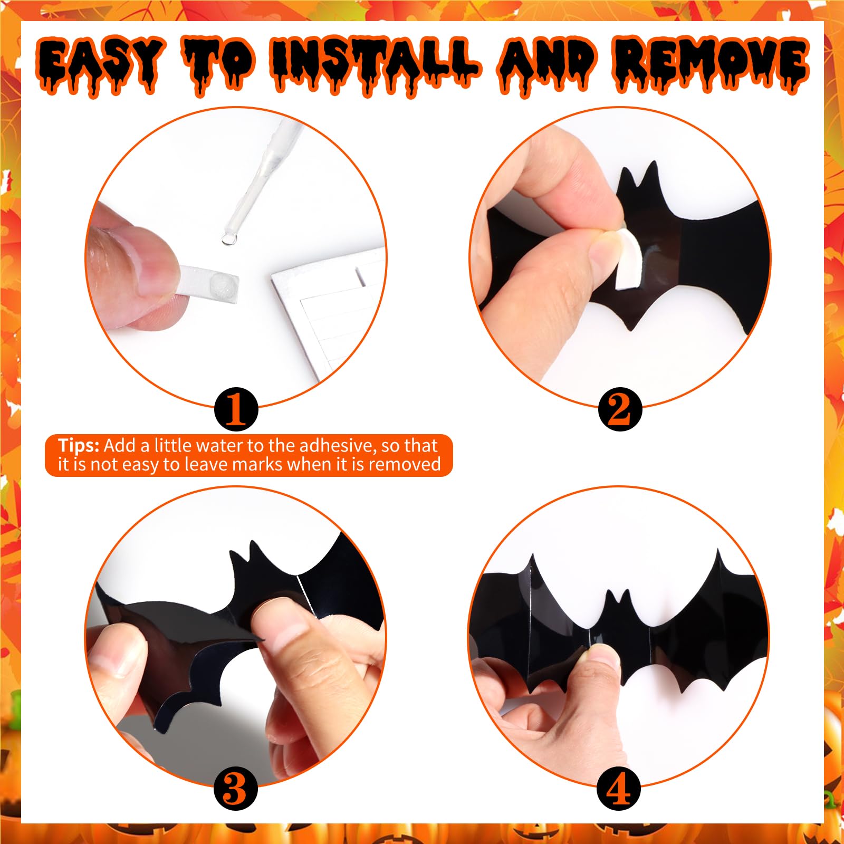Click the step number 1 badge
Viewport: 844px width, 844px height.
tap(236, 409)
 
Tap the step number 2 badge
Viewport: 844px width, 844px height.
tap(619, 409)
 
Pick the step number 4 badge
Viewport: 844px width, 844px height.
tap(619, 789)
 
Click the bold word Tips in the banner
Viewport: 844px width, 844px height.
tap(78, 446)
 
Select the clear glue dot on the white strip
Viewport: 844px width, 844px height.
tap(218, 287)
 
